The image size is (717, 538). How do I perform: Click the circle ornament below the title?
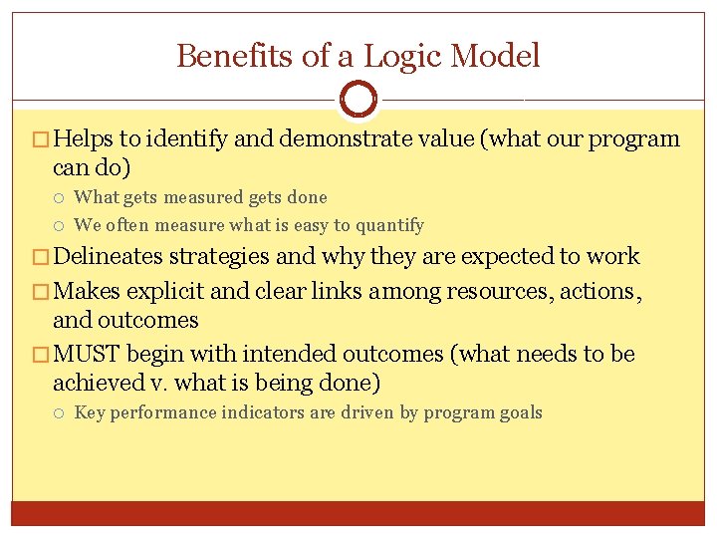358,100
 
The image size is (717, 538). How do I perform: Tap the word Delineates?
110,257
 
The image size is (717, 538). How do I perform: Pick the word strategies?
219,257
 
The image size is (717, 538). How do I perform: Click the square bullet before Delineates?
41,258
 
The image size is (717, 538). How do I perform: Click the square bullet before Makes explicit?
41,292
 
